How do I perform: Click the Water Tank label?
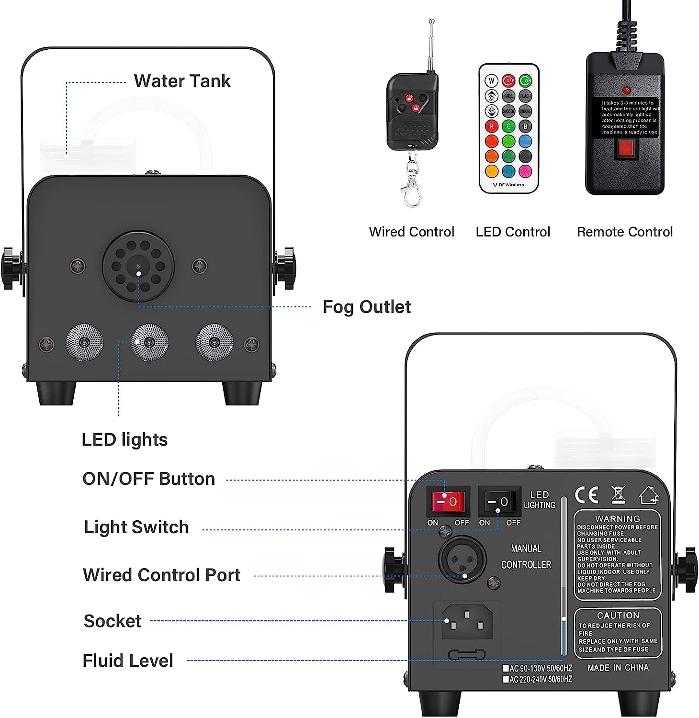click(182, 81)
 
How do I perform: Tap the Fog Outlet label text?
click(366, 307)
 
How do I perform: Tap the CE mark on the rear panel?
click(586, 495)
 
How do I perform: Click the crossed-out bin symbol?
click(618, 495)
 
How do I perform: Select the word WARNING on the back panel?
click(617, 519)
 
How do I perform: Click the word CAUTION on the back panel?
click(618, 616)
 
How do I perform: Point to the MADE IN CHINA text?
click(618, 668)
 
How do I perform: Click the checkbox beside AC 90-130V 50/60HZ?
click(506, 668)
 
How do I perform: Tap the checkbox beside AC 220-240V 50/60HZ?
click(506, 679)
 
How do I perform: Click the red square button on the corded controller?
click(625, 149)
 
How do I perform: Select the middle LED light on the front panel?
click(149, 342)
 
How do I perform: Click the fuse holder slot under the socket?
click(466, 654)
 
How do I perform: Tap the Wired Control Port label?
click(161, 575)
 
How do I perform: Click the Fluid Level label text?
click(128, 661)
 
